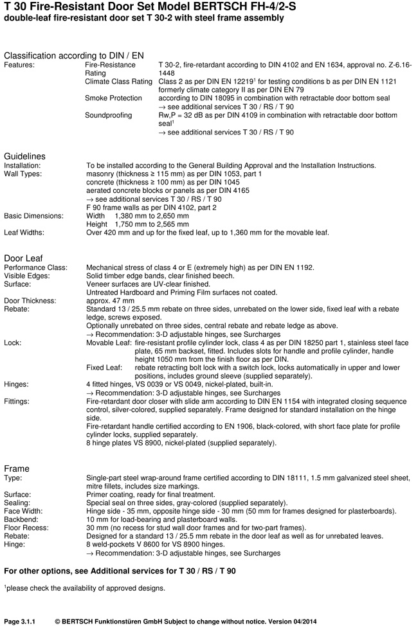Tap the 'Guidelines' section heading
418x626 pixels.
25,156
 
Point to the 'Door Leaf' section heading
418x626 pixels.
23,258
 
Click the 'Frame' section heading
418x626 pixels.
17,469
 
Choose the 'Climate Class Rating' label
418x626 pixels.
118,82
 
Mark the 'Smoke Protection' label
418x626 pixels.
113,98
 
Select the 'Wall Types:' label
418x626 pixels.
24,174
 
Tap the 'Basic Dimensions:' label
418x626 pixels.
33,216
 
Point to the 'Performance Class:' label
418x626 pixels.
35,267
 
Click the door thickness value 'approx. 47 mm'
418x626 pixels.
111,300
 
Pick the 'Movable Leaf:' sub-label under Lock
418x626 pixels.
109,343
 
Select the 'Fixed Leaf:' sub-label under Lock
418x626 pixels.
104,368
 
